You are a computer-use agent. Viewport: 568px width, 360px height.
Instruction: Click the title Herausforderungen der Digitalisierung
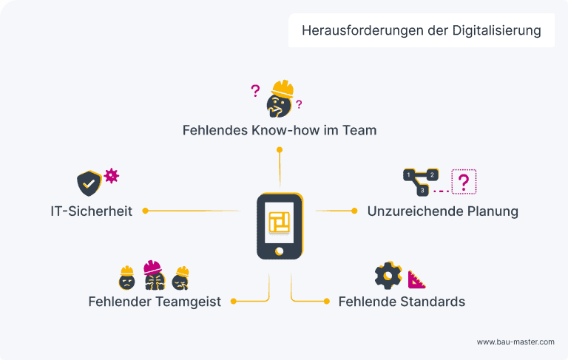422,31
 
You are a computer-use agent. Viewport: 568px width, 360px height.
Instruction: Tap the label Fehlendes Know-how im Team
280,130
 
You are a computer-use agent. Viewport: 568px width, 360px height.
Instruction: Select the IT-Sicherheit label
91,211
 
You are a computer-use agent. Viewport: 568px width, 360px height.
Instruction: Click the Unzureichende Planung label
442,211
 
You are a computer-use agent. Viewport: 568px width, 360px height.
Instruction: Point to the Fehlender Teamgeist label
155,302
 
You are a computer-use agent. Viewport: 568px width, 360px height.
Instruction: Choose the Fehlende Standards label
402,302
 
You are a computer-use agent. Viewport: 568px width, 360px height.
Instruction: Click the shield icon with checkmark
89,183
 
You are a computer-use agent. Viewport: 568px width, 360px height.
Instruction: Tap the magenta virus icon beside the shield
111,175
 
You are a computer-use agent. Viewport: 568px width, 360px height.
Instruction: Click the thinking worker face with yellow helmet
280,99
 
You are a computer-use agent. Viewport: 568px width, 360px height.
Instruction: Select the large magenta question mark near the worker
255,91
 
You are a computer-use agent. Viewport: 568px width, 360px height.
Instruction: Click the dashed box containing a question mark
464,181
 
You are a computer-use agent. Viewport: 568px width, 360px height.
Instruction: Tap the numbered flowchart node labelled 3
422,190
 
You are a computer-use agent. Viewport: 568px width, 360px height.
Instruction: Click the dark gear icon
388,275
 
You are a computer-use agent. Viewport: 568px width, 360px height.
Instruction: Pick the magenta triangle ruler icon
417,279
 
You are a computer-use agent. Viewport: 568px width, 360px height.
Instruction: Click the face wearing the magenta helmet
153,275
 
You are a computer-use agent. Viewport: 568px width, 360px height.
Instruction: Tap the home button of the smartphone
280,250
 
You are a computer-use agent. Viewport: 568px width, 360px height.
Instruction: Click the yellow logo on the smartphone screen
280,221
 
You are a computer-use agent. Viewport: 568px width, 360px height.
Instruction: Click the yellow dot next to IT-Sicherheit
146,211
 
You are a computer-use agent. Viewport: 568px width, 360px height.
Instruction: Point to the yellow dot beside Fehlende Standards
327,302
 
